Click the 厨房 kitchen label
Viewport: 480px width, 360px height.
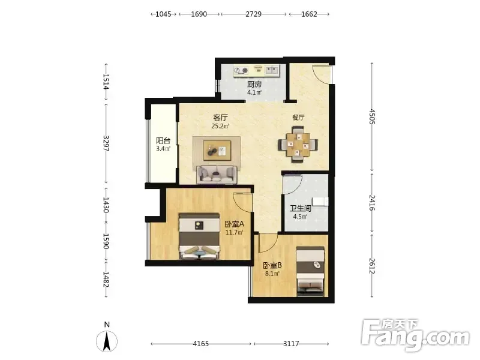254,84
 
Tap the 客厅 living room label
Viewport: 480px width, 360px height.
220,118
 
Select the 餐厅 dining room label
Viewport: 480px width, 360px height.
298,117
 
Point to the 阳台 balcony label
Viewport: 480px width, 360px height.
163,140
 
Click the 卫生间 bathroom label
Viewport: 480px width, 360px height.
301,208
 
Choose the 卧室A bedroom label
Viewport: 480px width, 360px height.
234,224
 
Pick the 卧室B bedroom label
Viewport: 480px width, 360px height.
272,265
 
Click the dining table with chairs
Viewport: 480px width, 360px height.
298,144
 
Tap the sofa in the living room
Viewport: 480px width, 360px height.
217,175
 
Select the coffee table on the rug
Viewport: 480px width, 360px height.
217,151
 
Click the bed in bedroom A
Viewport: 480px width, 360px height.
200,236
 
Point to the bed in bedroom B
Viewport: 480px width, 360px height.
310,272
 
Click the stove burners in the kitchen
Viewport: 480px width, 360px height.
241,71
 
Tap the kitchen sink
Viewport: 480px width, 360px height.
272,70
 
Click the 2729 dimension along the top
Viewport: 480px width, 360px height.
253,14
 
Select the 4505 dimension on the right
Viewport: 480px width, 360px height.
372,116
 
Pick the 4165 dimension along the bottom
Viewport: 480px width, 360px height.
201,344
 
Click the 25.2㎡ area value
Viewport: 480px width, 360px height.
220,126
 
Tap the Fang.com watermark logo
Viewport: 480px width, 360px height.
415,335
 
